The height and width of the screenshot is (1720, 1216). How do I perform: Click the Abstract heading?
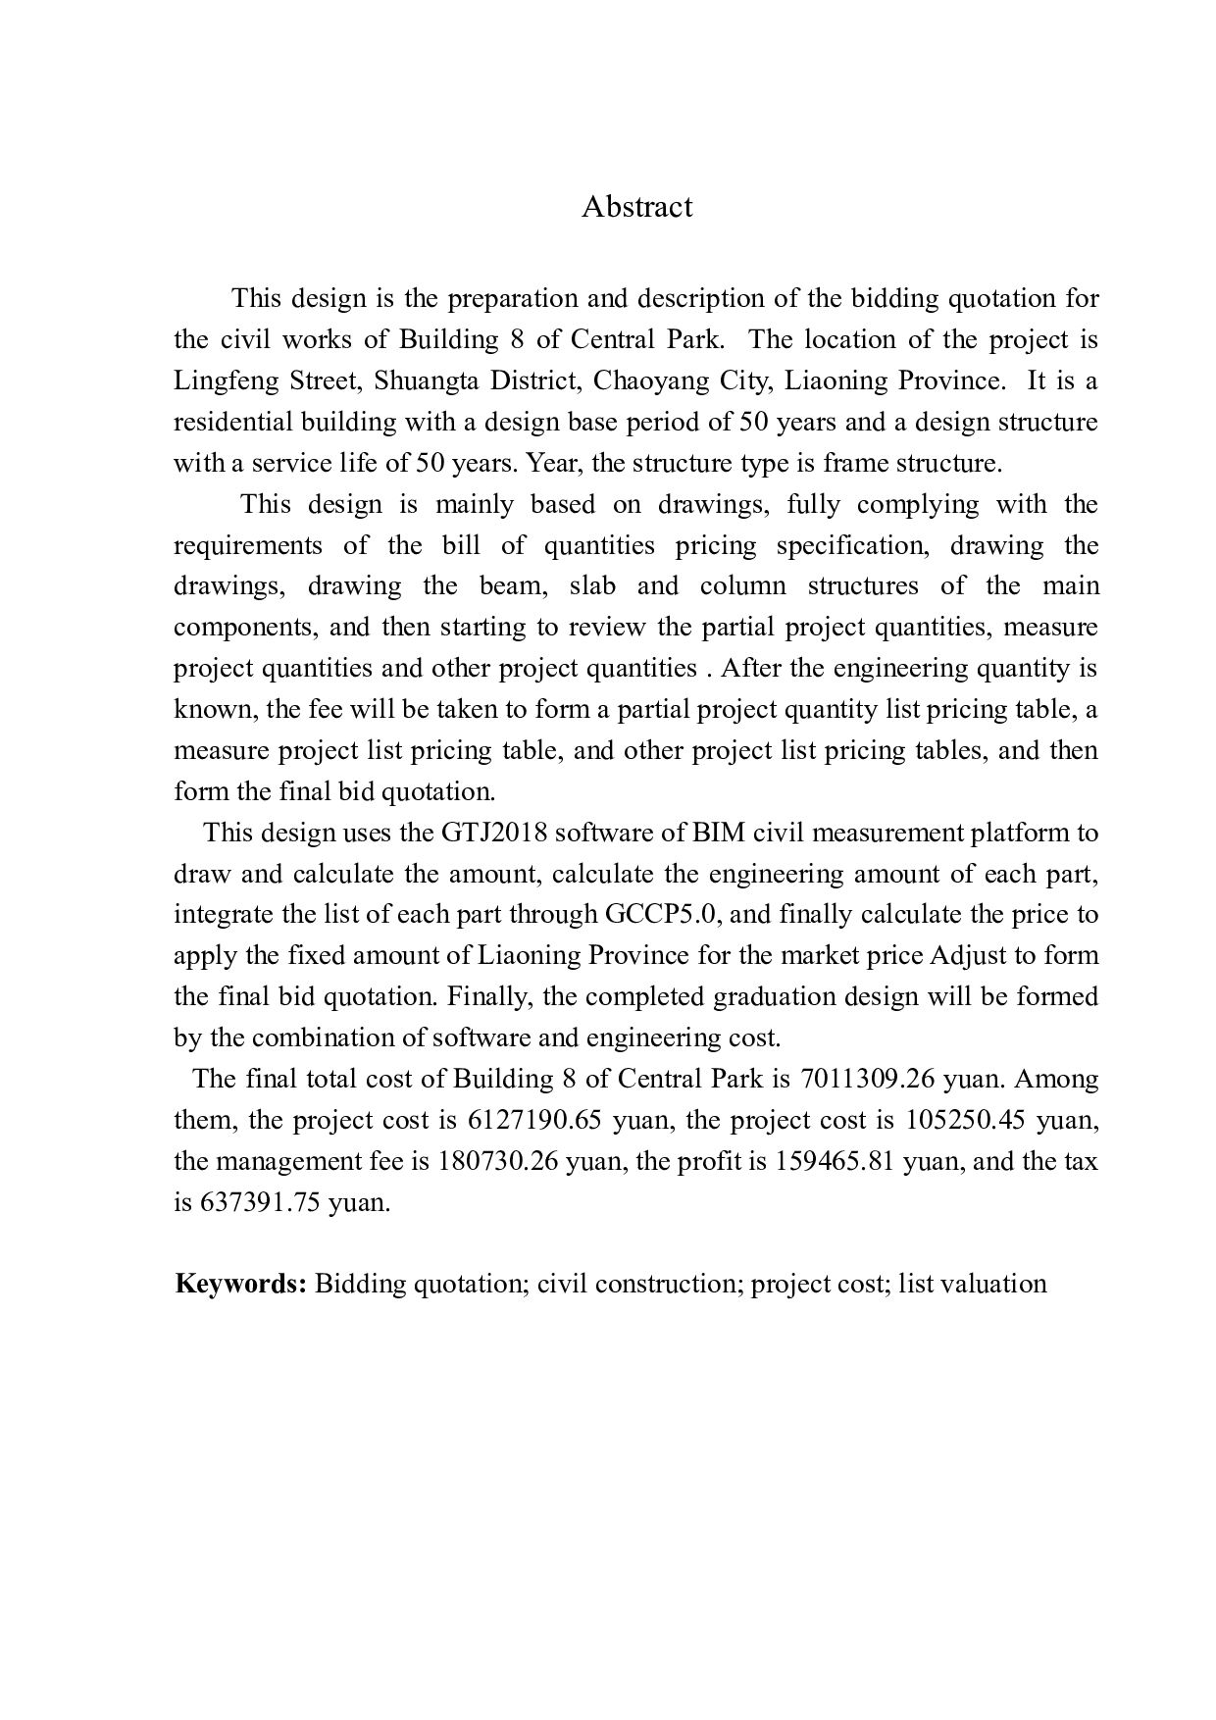coord(636,207)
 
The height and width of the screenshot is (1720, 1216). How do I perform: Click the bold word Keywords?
coord(241,1284)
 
